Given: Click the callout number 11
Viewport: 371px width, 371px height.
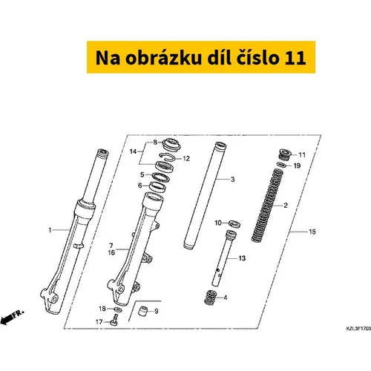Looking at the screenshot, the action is pyautogui.click(x=302, y=155).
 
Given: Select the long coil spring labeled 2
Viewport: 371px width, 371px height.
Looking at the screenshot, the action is pyautogui.click(x=268, y=206).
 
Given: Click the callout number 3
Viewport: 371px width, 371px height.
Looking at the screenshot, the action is pyautogui.click(x=232, y=180).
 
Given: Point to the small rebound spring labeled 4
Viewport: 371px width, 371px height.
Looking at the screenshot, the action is pyautogui.click(x=211, y=297).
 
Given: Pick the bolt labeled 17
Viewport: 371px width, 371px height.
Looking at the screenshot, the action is pyautogui.click(x=114, y=320).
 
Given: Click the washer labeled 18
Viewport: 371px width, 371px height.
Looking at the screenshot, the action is pyautogui.click(x=118, y=309).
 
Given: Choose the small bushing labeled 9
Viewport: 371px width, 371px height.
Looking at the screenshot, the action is pyautogui.click(x=143, y=311).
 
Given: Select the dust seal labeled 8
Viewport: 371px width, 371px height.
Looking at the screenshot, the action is pyautogui.click(x=171, y=145).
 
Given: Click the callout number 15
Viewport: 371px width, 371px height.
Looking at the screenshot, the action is pyautogui.click(x=312, y=232).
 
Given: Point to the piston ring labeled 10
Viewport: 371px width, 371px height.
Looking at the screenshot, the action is pyautogui.click(x=234, y=223).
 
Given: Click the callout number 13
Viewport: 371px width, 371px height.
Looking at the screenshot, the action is pyautogui.click(x=242, y=258).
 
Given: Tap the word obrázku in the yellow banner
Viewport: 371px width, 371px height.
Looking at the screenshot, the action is pyautogui.click(x=163, y=58).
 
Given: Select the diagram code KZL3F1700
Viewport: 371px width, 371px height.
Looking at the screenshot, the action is pyautogui.click(x=358, y=329).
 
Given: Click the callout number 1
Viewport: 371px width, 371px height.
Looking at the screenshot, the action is pyautogui.click(x=50, y=230).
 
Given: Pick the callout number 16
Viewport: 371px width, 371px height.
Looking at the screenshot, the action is pyautogui.click(x=111, y=252).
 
